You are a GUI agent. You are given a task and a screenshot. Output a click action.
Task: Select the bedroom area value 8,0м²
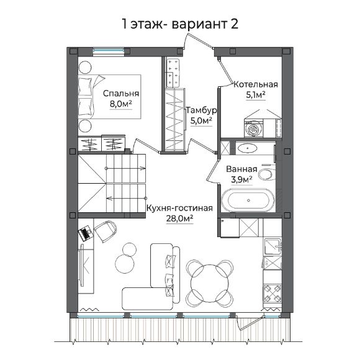click(x=120, y=106)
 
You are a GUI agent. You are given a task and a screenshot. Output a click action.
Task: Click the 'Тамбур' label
click(x=200, y=110)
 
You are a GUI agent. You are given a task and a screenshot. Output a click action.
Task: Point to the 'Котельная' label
click(x=255, y=84)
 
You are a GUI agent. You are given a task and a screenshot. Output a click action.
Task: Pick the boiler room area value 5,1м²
click(x=255, y=95)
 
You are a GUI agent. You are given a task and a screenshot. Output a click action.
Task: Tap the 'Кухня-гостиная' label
click(x=179, y=209)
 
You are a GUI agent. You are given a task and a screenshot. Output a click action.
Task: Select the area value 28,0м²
click(x=179, y=219)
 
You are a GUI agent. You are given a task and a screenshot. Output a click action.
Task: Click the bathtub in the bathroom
click(x=247, y=200)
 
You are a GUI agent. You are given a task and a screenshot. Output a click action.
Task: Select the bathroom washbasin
click(x=249, y=148)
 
